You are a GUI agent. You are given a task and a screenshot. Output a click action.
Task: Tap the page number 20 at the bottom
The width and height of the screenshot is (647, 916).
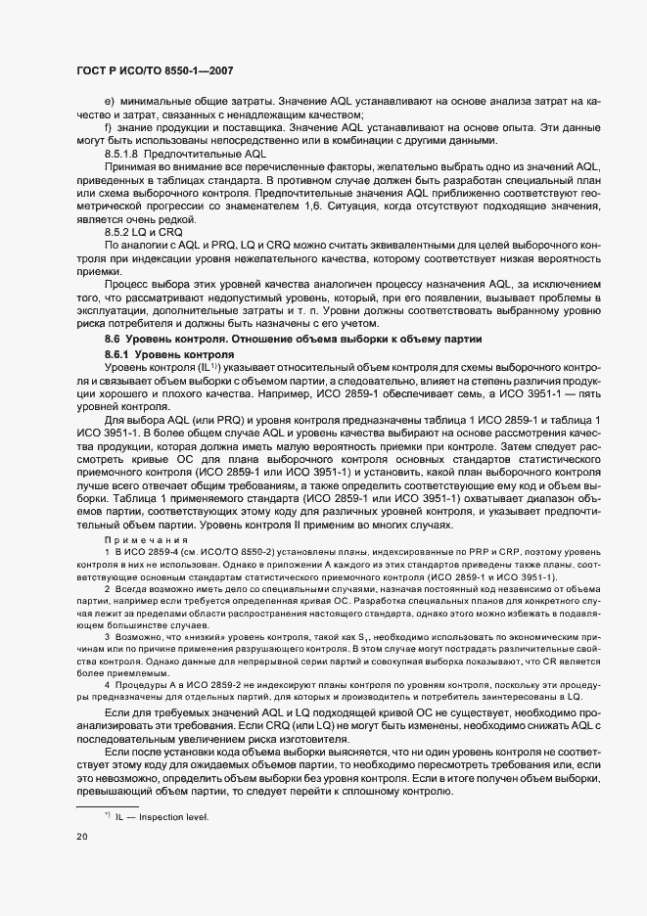pos(82,836)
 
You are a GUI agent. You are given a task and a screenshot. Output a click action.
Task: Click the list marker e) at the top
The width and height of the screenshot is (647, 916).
pos(109,102)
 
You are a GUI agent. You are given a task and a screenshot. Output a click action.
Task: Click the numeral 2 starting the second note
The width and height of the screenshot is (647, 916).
pos(107,591)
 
